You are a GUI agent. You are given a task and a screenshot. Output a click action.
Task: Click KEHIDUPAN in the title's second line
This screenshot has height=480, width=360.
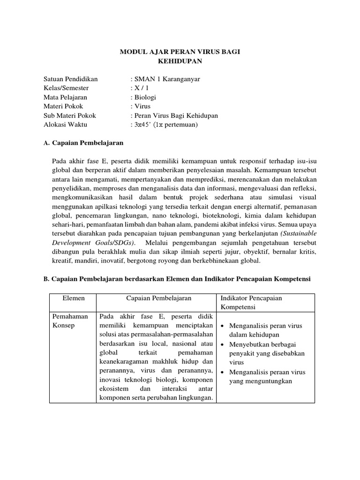(x=180, y=61)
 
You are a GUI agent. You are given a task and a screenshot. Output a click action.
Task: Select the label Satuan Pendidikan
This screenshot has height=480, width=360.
(x=70, y=79)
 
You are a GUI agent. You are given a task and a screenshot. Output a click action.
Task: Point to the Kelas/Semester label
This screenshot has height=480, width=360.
(x=66, y=88)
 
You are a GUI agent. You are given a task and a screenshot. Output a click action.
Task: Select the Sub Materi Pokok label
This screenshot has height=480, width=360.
(x=69, y=116)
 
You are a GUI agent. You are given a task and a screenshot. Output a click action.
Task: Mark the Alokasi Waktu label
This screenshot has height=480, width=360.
(x=65, y=125)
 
